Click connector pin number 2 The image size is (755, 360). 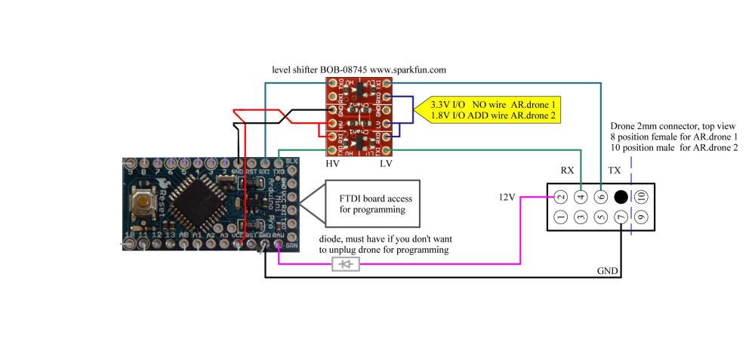561,197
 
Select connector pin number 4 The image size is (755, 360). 581,197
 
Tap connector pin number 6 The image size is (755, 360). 601,197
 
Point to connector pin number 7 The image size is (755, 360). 621,217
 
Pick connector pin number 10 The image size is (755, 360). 641,197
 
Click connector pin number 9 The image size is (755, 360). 641,217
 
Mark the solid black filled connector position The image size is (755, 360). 621,197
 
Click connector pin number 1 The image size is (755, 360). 561,217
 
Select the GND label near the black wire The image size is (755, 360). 608,269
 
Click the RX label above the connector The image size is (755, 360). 569,171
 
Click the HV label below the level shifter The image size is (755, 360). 332,163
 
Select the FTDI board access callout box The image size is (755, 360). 372,205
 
